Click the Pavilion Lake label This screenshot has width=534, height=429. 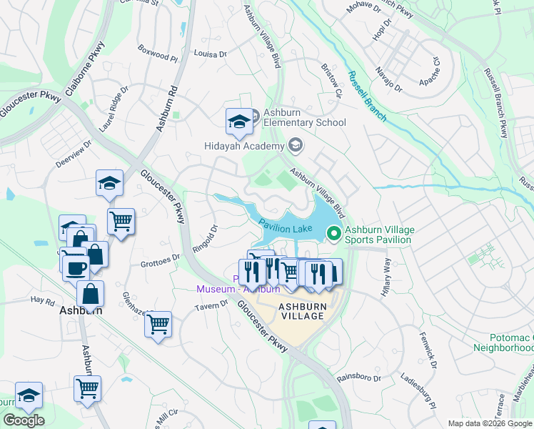click(286, 228)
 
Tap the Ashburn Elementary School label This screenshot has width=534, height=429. click(305, 117)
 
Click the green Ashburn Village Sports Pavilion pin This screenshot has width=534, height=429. click(333, 233)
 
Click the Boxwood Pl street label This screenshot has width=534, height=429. click(153, 56)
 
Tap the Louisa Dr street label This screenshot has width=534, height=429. click(210, 54)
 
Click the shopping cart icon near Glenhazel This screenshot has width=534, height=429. click(158, 324)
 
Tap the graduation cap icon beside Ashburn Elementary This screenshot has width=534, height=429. click(239, 122)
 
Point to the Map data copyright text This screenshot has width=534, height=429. click(489, 423)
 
